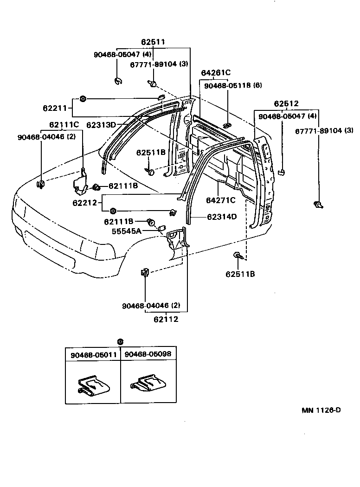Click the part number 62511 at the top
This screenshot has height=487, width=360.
pos(153,42)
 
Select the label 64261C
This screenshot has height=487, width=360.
pos(216,73)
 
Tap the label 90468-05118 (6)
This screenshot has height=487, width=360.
pos(233,85)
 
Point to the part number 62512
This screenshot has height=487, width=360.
pos(286,103)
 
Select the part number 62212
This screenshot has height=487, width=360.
pos(84,203)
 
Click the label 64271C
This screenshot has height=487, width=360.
pos(221,200)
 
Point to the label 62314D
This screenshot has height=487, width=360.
pos(222,217)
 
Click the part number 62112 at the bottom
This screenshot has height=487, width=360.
pos(166,319)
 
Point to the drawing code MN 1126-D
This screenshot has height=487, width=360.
pos(321,410)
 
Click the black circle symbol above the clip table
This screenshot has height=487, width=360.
pos(121,342)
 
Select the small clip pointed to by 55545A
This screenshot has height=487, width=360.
pos(162,228)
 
